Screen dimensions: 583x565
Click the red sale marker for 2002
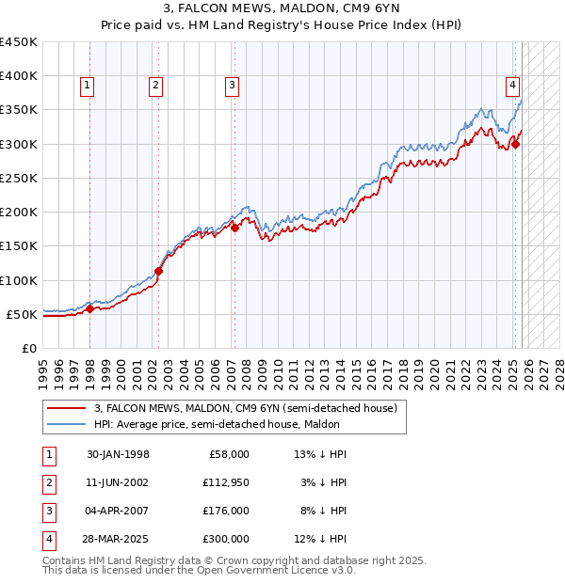(158, 272)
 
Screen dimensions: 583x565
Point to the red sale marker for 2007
(234, 227)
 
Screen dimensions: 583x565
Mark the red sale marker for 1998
(89, 308)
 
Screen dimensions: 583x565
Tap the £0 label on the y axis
(28, 348)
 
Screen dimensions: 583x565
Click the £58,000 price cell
(227, 453)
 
